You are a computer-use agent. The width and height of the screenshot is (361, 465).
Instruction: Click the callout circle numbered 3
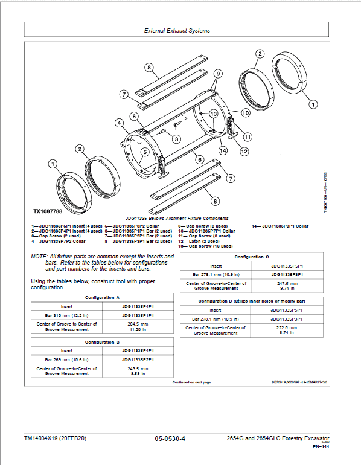click(x=176, y=139)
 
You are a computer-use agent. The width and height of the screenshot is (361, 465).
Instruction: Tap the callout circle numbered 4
click(x=120, y=123)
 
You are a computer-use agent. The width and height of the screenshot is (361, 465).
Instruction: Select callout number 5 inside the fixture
click(x=145, y=152)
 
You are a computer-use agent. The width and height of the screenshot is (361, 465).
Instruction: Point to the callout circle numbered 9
click(x=217, y=73)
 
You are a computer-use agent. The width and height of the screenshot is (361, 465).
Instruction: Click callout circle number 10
click(x=246, y=112)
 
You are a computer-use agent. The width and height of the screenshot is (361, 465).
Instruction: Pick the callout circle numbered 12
click(x=244, y=152)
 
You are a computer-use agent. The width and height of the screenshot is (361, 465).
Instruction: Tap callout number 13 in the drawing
click(x=213, y=114)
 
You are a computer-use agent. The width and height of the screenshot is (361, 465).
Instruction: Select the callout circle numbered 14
click(x=223, y=150)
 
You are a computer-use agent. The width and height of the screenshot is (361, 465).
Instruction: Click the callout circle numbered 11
click(x=246, y=136)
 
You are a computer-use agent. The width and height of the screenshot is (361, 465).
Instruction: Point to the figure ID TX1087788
click(x=49, y=212)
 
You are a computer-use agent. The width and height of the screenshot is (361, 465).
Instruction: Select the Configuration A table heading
click(x=102, y=298)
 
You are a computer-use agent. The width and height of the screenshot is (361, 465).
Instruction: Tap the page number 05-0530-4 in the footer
click(x=170, y=438)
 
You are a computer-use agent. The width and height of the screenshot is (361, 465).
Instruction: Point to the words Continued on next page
click(x=191, y=383)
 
